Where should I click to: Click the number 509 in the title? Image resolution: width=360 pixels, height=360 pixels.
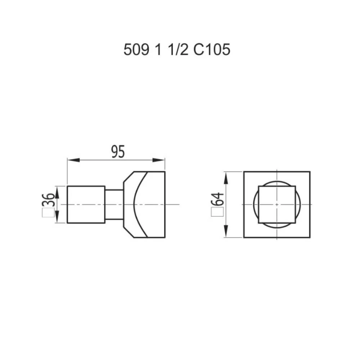[x=136, y=50]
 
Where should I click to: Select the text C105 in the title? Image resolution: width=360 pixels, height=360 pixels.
[x=212, y=50]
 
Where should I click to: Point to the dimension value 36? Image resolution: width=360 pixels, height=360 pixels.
[x=50, y=200]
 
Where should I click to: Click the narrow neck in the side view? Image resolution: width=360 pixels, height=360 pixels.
[x=114, y=204]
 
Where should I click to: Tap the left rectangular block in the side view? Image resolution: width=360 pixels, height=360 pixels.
[x=86, y=204]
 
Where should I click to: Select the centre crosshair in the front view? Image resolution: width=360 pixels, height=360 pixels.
[x=277, y=204]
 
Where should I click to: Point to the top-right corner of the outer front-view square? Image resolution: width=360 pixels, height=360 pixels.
[x=310, y=172]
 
